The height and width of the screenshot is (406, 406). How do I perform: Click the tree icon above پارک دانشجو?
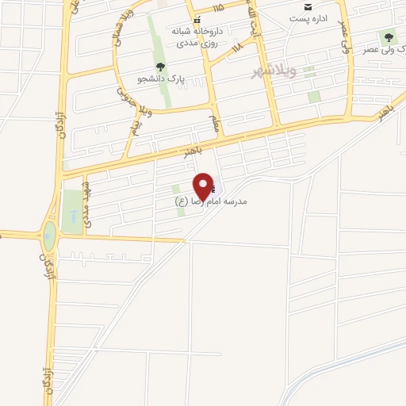[x=161, y=67]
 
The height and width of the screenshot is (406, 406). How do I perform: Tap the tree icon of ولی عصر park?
[x=389, y=36]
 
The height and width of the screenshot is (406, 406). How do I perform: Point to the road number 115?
[x=218, y=8]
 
